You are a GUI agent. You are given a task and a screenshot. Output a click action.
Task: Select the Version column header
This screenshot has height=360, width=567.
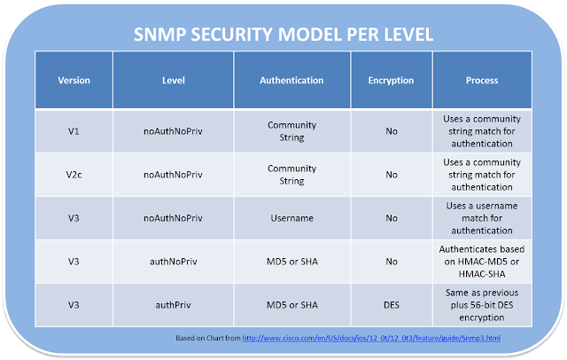tap(74, 81)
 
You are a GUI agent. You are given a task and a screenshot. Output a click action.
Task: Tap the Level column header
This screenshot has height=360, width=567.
tap(174, 81)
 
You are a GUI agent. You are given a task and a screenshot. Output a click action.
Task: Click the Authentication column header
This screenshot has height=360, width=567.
tap(291, 81)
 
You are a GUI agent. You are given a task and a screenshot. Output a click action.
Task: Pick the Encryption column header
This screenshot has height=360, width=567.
tap(391, 81)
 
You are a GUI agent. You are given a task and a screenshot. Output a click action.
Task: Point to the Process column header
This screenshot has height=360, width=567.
tap(481, 81)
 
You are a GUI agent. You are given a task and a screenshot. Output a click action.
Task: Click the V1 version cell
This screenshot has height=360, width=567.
tap(74, 131)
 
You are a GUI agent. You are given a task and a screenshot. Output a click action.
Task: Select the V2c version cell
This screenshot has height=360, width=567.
tap(74, 175)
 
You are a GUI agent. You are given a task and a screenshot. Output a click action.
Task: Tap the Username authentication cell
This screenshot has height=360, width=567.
tap(291, 218)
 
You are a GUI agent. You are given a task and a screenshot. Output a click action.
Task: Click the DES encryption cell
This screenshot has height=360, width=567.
tap(391, 305)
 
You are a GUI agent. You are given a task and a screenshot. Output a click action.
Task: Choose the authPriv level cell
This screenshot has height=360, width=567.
tap(174, 305)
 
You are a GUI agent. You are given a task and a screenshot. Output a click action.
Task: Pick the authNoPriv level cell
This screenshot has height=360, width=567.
tap(174, 262)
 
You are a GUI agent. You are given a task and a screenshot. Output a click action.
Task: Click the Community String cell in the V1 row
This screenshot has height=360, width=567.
tap(291, 131)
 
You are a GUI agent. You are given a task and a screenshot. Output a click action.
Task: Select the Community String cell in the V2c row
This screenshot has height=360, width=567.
tap(291, 175)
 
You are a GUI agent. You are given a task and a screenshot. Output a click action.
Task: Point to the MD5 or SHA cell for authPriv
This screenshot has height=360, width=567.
tap(291, 305)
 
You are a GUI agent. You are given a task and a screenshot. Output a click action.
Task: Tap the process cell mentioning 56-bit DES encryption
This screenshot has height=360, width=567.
tap(481, 305)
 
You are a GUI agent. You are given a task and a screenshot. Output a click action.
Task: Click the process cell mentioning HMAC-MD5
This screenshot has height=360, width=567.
tap(481, 262)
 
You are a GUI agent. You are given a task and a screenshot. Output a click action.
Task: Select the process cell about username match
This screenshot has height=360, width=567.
tap(481, 218)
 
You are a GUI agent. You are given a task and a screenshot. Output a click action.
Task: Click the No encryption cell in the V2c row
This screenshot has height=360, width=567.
tap(391, 175)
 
